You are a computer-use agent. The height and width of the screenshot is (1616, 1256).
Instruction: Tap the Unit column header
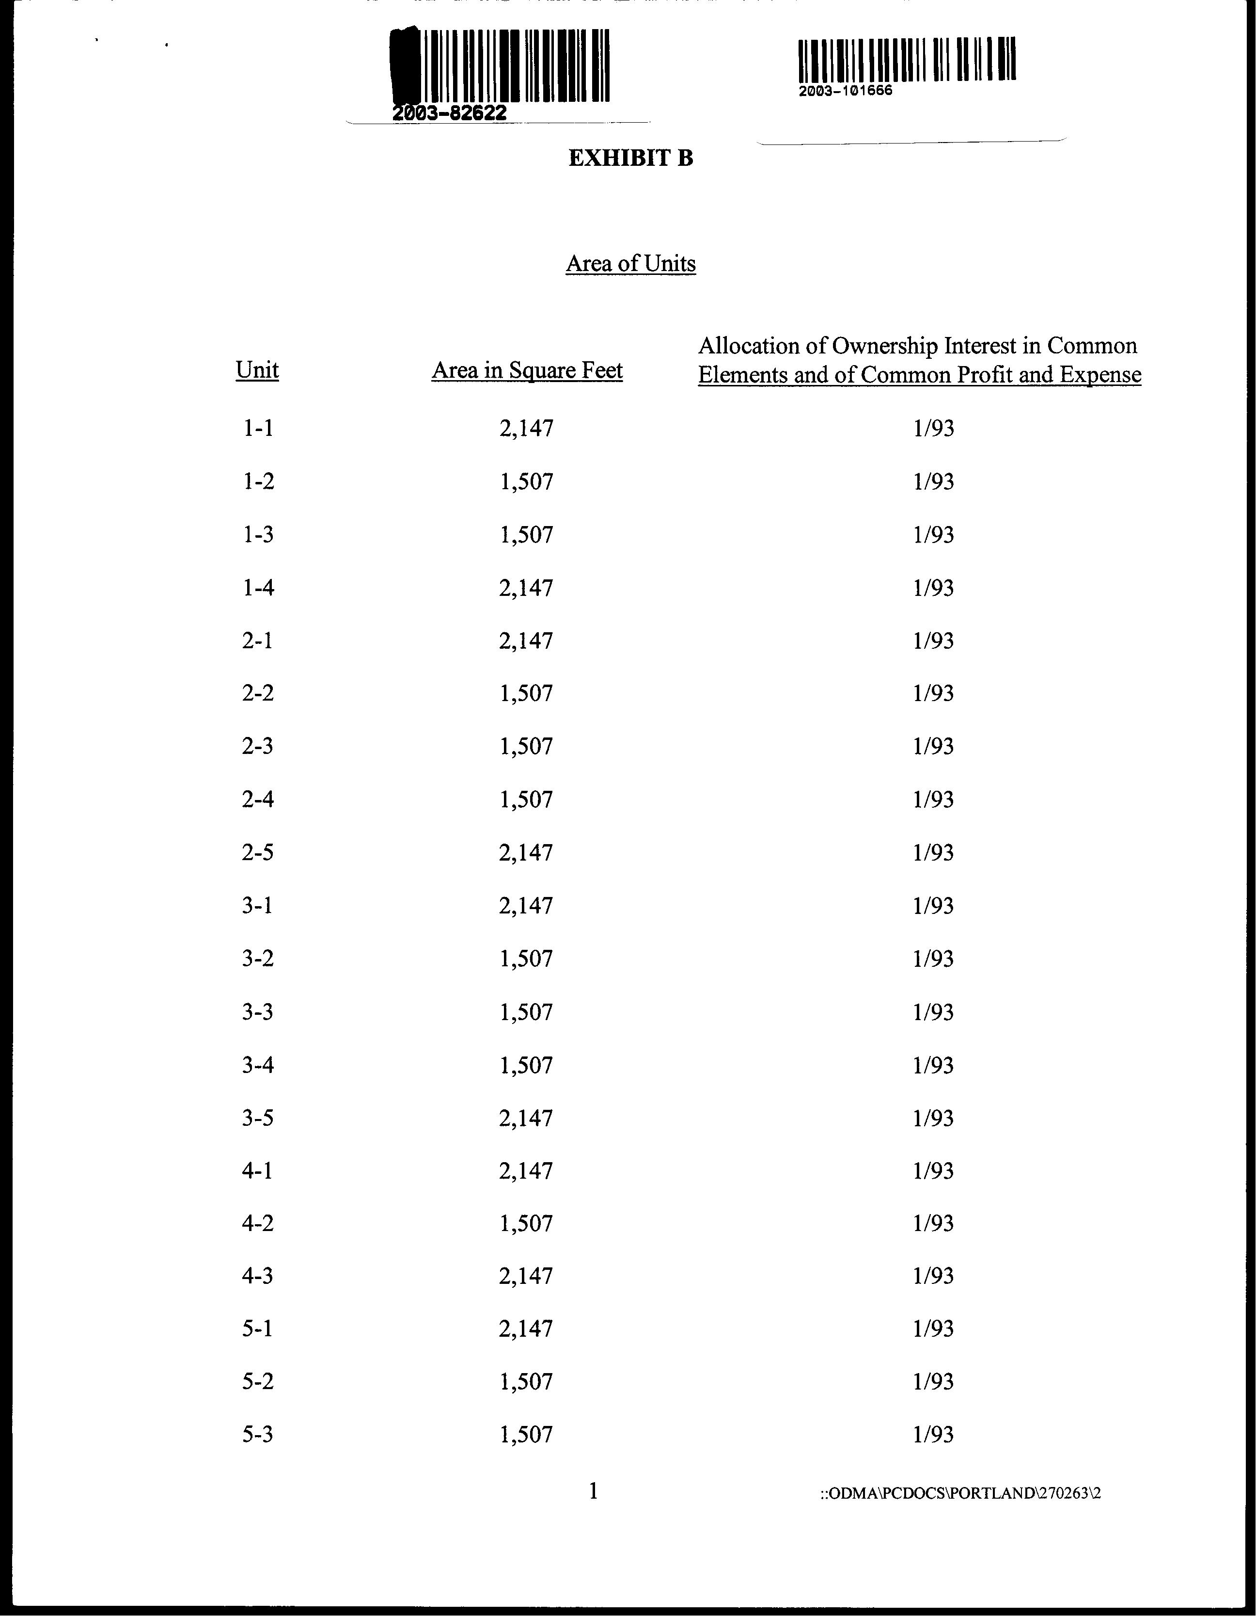257,370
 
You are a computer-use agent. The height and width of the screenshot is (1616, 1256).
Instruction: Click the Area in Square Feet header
527,370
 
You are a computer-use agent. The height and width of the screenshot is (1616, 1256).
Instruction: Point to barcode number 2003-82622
450,113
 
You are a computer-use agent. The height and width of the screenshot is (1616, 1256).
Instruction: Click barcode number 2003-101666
846,91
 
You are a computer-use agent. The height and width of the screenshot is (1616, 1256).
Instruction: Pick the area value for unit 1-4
526,588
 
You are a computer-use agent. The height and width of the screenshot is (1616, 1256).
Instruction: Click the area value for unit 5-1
526,1329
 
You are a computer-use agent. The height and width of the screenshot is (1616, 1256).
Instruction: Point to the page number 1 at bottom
593,1491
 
